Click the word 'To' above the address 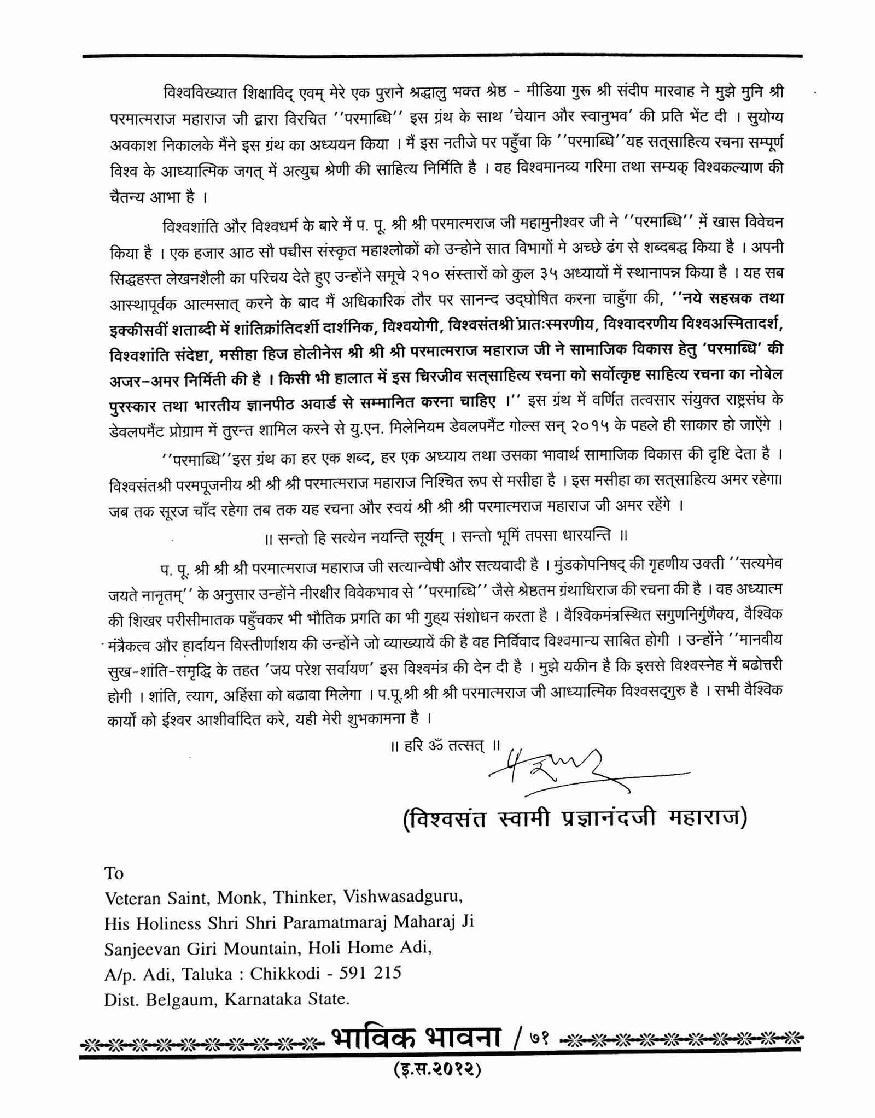(114, 873)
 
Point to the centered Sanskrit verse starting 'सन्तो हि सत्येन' (445, 536)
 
